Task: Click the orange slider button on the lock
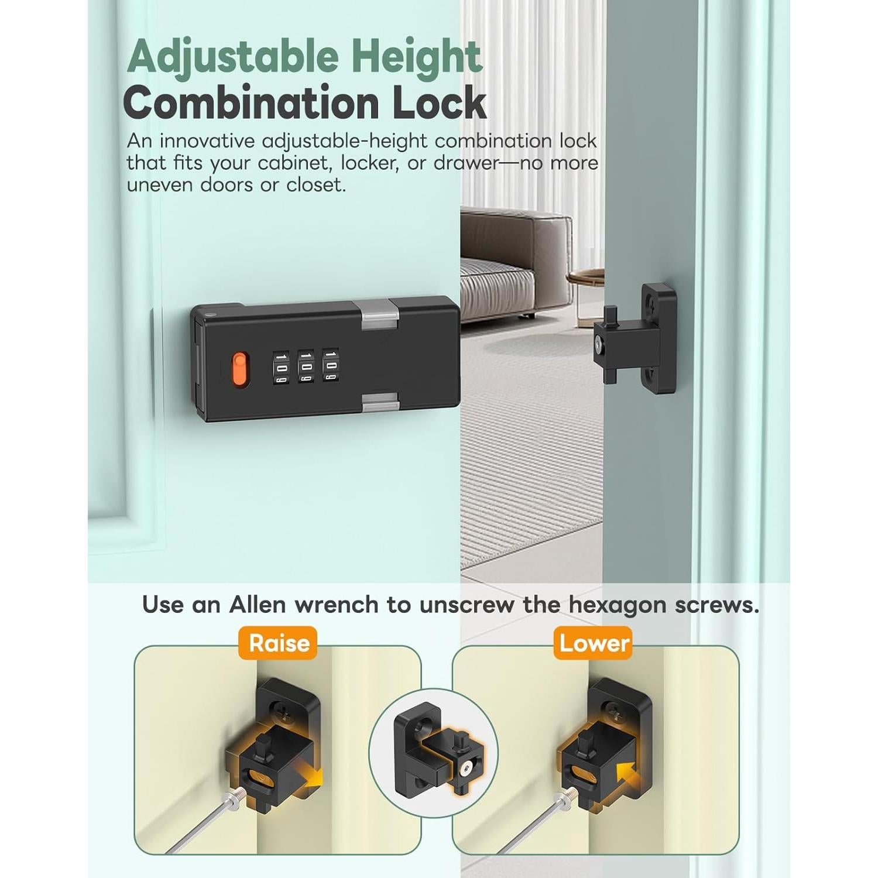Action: pos(239,370)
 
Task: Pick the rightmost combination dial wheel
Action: pos(331,367)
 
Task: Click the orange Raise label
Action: pos(279,643)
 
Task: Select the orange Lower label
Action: pos(594,643)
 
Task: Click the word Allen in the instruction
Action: pos(258,605)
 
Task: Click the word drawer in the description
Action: pos(465,163)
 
